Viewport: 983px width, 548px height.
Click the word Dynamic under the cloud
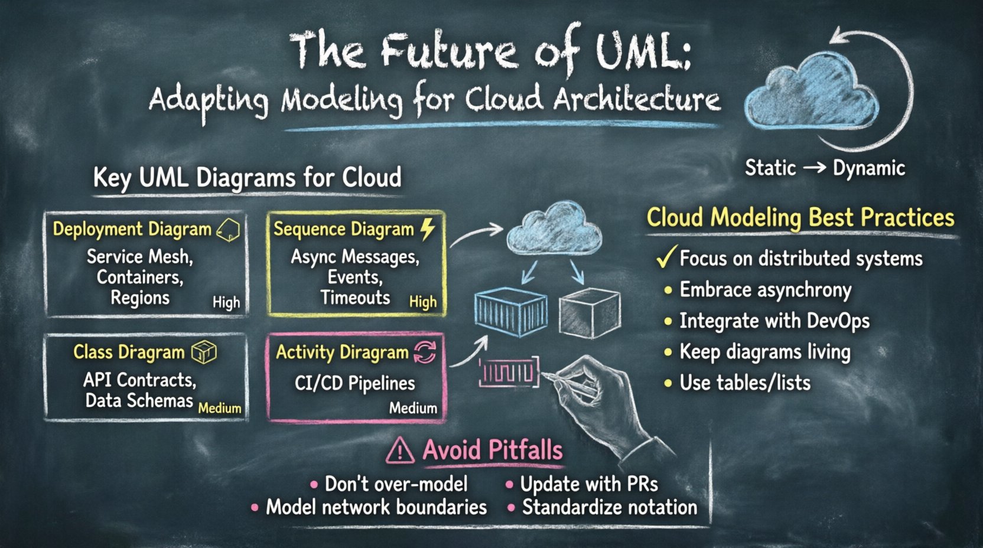pyautogui.click(x=868, y=168)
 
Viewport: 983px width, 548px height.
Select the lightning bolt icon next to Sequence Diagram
pyautogui.click(x=428, y=229)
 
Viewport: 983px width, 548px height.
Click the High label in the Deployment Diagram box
pyautogui.click(x=226, y=302)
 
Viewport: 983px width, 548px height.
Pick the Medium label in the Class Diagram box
pyautogui.click(x=220, y=408)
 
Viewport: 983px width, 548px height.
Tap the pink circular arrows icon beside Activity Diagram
pyautogui.click(x=425, y=353)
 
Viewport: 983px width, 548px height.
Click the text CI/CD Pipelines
pyautogui.click(x=354, y=383)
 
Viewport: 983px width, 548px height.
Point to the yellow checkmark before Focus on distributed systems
pyautogui.click(x=666, y=257)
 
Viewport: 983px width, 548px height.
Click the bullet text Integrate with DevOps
pyautogui.click(x=774, y=321)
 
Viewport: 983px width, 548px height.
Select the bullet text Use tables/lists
pyautogui.click(x=744, y=383)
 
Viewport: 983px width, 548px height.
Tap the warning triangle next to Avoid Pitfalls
pyautogui.click(x=400, y=451)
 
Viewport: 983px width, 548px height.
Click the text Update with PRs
pyautogui.click(x=588, y=484)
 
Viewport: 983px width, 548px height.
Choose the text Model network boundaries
pyautogui.click(x=376, y=507)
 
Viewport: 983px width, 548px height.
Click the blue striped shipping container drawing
pyautogui.click(x=510, y=312)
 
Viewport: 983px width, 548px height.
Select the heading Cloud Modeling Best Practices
pyautogui.click(x=800, y=217)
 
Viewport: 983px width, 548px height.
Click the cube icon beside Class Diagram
pyautogui.click(x=204, y=353)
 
